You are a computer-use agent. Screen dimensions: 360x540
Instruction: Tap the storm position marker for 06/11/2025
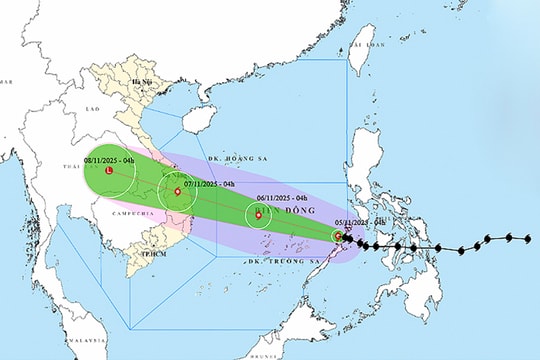(258, 214)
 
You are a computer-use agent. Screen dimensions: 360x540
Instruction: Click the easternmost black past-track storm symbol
(528, 238)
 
